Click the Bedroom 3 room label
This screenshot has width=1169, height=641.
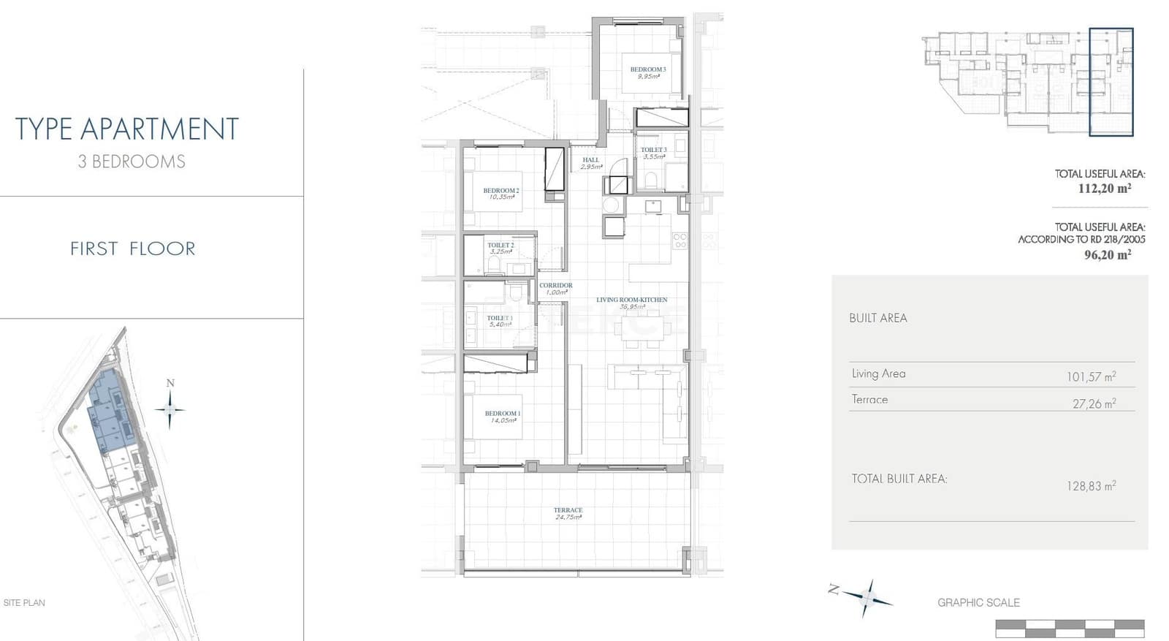647,70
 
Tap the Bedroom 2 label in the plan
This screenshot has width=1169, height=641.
500,191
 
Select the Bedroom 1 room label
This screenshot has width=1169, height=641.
502,414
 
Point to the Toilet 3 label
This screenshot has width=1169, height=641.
653,151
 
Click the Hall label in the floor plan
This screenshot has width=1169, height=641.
590,160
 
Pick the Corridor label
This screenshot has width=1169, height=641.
555,286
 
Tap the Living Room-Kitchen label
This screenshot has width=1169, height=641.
631,300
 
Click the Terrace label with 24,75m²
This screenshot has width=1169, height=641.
568,511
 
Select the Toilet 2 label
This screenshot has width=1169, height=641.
500,246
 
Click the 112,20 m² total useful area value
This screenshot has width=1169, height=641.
1104,189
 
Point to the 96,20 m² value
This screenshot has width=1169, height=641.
1107,254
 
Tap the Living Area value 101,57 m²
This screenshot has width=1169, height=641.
1090,377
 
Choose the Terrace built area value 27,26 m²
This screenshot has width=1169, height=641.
1094,403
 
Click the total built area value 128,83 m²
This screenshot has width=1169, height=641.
1090,486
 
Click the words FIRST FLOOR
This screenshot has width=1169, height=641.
132,249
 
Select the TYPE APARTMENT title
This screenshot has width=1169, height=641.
127,129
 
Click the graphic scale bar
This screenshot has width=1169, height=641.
1070,628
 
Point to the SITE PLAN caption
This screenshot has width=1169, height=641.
24,603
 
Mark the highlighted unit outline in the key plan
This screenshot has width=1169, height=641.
1111,82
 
